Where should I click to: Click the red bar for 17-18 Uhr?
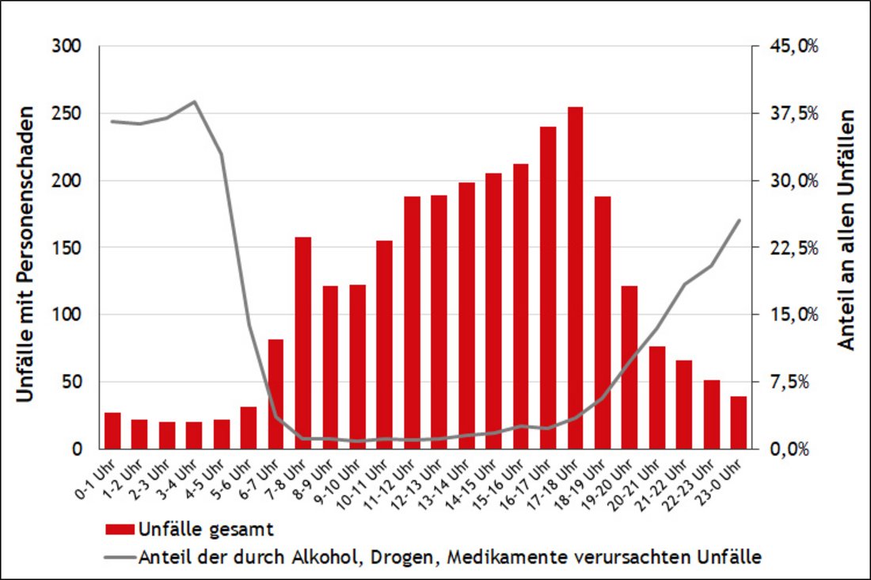pyautogui.click(x=575, y=277)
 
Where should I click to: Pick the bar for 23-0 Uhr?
pyautogui.click(x=738, y=422)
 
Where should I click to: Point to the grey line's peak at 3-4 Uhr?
pyautogui.click(x=195, y=101)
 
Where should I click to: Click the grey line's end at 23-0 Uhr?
pyautogui.click(x=739, y=220)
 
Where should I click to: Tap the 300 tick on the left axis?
pyautogui.click(x=70, y=47)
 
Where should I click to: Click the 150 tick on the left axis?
pyautogui.click(x=70, y=248)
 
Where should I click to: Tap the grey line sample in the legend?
pyautogui.click(x=119, y=557)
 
